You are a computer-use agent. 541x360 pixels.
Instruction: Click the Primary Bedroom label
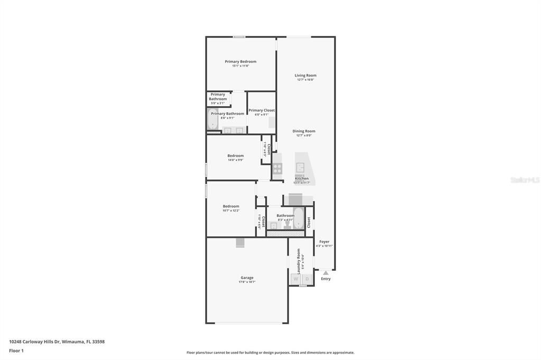(x=240, y=62)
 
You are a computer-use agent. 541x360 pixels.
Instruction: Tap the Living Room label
(x=305, y=75)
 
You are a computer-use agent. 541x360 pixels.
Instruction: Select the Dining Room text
(x=304, y=131)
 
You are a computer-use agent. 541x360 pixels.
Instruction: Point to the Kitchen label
(x=302, y=178)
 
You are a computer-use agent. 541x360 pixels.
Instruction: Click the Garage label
(x=247, y=278)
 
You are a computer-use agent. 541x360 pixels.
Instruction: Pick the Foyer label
(x=324, y=242)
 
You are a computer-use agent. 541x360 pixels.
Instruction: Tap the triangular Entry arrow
(x=325, y=273)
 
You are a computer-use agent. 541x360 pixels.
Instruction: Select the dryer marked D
(x=306, y=279)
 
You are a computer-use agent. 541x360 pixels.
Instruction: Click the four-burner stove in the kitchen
(x=277, y=169)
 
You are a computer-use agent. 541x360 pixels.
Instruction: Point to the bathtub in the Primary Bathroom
(x=212, y=120)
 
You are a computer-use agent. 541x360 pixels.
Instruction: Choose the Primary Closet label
(x=262, y=110)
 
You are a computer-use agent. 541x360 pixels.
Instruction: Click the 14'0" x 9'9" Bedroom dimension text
(x=236, y=160)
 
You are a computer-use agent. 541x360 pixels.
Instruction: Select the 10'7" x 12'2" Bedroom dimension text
(x=231, y=211)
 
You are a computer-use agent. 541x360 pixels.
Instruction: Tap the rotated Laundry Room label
(x=299, y=261)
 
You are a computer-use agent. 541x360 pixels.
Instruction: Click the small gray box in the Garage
(x=240, y=242)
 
